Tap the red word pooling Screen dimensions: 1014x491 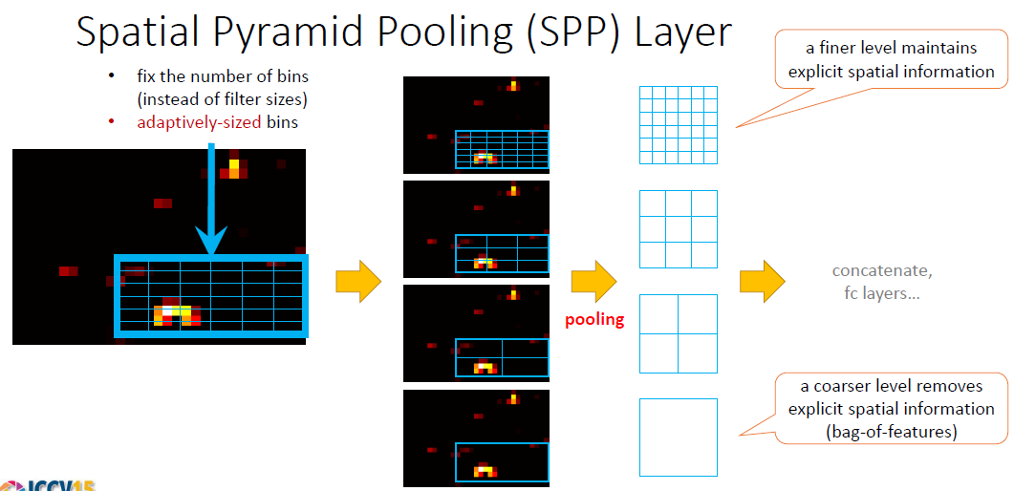click(593, 319)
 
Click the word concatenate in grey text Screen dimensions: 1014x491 click(882, 271)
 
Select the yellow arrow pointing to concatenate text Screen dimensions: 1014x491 click(762, 282)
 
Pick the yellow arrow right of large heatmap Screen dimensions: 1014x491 click(357, 282)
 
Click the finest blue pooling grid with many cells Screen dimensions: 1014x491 click(678, 125)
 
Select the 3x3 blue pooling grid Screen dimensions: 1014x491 click(678, 229)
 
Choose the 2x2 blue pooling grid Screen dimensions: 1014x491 click(678, 333)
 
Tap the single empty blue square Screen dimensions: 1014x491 click(678, 438)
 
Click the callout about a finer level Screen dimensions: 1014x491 click(884, 59)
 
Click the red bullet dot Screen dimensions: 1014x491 click(113, 121)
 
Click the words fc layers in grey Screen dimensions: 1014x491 click(882, 293)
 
